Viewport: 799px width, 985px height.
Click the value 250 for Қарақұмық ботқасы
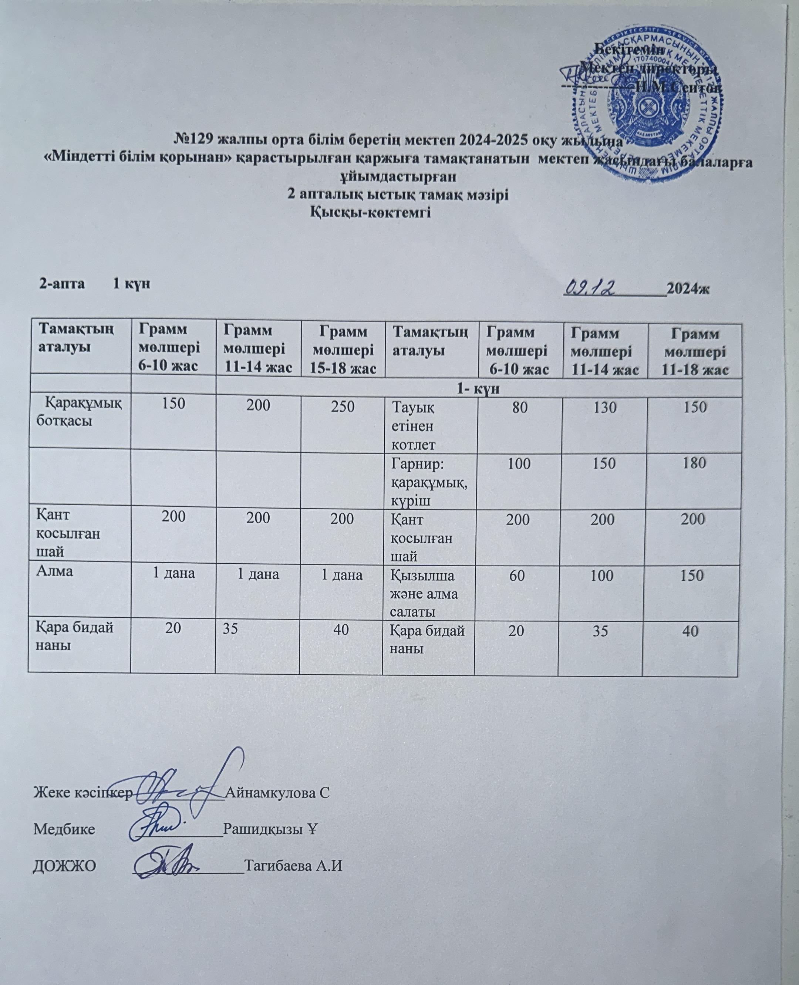(343, 407)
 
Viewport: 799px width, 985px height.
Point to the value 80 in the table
(520, 407)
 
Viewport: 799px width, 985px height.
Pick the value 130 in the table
(605, 407)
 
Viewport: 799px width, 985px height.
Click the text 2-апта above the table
(62, 284)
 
